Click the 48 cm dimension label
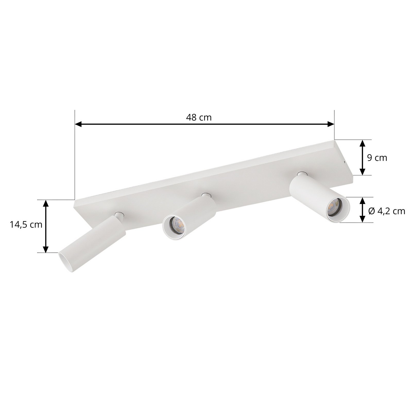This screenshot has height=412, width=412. (x=199, y=117)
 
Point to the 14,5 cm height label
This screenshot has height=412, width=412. (x=26, y=225)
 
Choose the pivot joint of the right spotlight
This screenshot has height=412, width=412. (x=300, y=174)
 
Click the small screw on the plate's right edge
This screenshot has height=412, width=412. (x=345, y=162)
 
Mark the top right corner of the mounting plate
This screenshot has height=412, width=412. (x=334, y=140)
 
